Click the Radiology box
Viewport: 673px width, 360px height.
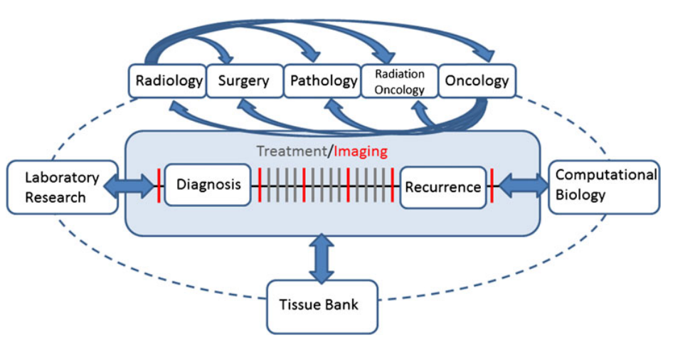point(169,81)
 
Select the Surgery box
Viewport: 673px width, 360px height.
point(243,81)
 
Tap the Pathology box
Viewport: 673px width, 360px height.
point(323,81)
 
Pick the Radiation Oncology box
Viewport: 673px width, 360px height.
point(399,81)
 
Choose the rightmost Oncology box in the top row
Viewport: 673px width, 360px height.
point(477,81)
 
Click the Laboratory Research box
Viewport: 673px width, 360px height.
point(62,187)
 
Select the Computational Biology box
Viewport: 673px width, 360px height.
point(603,186)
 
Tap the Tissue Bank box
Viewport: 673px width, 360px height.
point(322,306)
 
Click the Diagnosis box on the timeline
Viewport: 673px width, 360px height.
point(208,185)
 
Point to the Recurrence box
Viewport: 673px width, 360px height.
point(443,187)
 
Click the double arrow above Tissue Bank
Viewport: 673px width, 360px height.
point(322,258)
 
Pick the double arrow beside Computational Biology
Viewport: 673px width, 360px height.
point(523,186)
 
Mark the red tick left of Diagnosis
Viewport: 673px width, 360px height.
point(158,186)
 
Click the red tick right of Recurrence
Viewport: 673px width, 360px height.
point(492,186)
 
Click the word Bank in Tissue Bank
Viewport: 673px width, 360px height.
point(344,306)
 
